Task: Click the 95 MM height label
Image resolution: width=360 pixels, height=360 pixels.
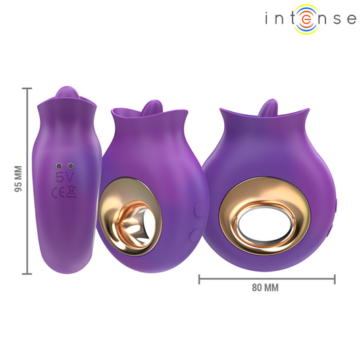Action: click(18, 180)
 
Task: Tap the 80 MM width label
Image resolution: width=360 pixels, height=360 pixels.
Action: click(265, 287)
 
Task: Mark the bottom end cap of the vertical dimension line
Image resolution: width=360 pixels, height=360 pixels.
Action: click(27, 274)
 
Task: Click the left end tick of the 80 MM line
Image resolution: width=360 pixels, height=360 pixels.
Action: click(199, 277)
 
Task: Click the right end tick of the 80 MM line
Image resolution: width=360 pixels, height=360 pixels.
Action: click(335, 277)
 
